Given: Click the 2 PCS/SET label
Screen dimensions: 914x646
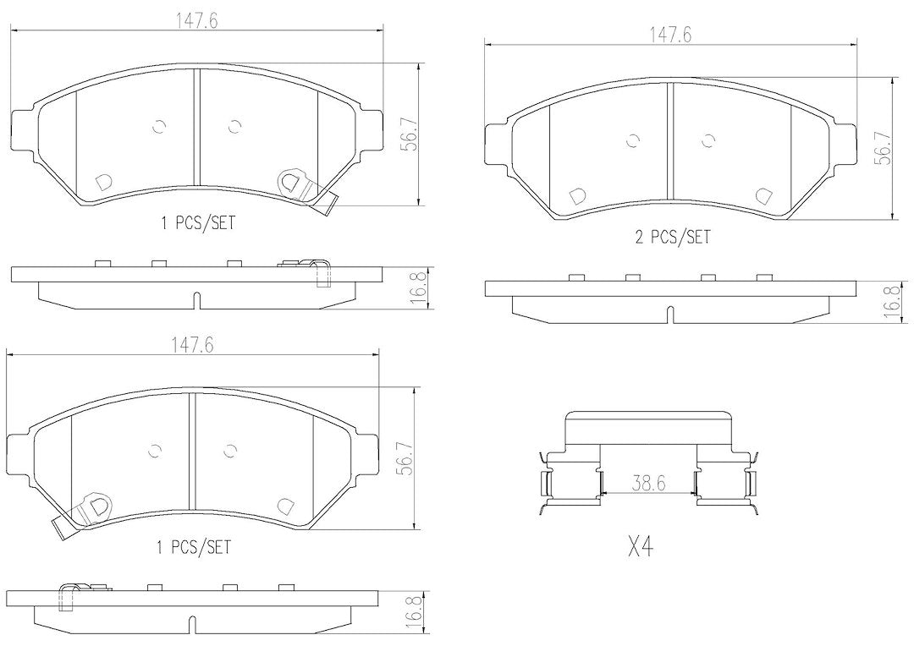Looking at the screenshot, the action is click(x=673, y=237).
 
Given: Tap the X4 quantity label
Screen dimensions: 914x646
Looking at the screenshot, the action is click(x=640, y=548).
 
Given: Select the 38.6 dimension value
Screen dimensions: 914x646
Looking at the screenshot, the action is click(x=648, y=483).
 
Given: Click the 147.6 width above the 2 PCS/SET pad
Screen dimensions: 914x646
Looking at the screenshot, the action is click(x=670, y=35).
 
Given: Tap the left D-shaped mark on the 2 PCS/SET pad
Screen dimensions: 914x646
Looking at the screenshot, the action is click(x=577, y=195).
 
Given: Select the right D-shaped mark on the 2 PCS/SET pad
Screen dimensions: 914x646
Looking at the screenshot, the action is click(x=763, y=195).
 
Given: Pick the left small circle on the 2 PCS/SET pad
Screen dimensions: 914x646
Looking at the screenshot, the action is click(x=633, y=140).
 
